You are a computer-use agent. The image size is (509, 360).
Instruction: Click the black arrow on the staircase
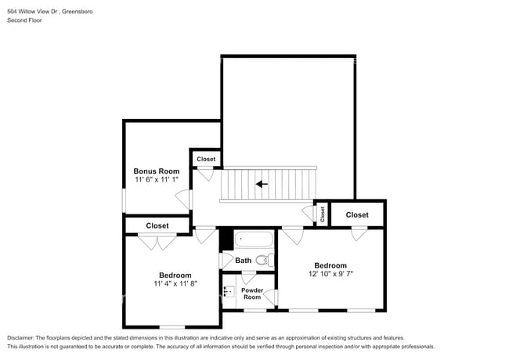point(262,185)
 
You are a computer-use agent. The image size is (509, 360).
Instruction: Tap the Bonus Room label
point(156,171)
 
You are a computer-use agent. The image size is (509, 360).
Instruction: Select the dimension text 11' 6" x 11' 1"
point(156,180)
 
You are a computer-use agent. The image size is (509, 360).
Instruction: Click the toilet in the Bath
point(263,260)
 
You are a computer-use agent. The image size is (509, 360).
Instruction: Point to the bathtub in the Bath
point(253,239)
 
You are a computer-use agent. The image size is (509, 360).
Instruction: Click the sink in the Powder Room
point(229,292)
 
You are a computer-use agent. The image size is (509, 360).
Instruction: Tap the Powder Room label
point(251,293)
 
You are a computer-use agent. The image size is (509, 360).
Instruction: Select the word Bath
point(244,261)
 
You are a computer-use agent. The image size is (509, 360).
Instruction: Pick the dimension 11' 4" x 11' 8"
point(175,284)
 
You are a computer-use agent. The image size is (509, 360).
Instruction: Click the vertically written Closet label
point(321,212)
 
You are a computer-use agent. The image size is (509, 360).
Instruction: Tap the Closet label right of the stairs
point(357,214)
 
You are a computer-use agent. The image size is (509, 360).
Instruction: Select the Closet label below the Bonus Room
point(157,225)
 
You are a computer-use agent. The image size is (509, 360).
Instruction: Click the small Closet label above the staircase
point(206,159)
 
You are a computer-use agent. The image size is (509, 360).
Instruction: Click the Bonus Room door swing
point(183,200)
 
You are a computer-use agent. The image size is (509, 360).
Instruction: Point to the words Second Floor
point(24,20)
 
